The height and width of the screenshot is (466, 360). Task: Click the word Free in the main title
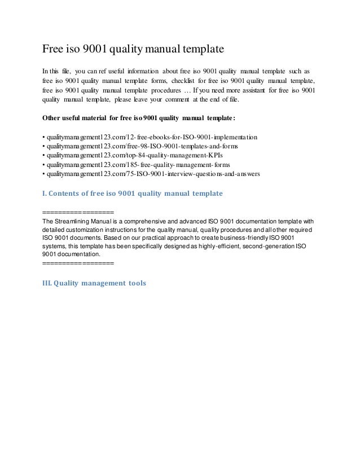pyautogui.click(x=54, y=49)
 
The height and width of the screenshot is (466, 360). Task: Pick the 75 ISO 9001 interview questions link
pyautogui.click(x=151, y=174)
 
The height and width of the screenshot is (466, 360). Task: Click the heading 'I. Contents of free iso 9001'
pyautogui.click(x=133, y=194)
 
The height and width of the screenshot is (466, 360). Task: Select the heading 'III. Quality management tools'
pyautogui.click(x=94, y=283)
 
